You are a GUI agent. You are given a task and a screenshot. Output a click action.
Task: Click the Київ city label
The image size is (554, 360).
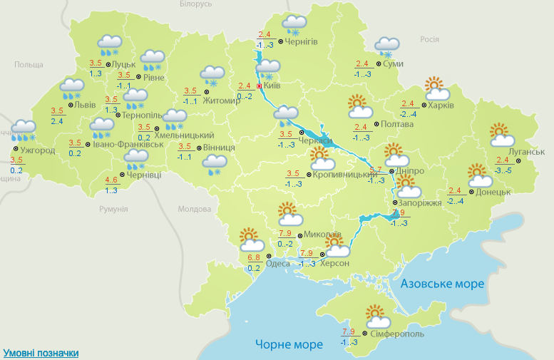272,86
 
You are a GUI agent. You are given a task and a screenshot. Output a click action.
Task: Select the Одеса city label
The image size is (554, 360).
278,263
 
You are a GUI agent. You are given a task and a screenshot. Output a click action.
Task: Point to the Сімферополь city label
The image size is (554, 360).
398,334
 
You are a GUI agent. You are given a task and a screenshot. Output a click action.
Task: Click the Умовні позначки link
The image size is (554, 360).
41,353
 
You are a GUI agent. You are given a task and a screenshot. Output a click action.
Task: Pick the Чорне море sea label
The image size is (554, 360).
289,345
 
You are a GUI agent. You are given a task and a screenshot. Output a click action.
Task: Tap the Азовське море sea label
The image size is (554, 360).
442,284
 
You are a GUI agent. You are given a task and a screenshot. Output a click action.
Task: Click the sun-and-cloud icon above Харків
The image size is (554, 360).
437,89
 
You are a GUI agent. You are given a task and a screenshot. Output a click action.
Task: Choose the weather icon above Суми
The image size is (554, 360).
386,47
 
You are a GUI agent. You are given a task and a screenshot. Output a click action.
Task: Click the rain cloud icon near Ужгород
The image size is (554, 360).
24,130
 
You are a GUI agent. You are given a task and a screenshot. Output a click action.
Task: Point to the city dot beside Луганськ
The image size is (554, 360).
518,160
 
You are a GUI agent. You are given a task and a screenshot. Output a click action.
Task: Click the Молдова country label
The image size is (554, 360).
195,209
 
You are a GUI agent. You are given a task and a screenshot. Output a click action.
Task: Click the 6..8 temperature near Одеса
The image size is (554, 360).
253,257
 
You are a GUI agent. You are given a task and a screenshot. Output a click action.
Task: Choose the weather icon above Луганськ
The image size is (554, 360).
503,135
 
